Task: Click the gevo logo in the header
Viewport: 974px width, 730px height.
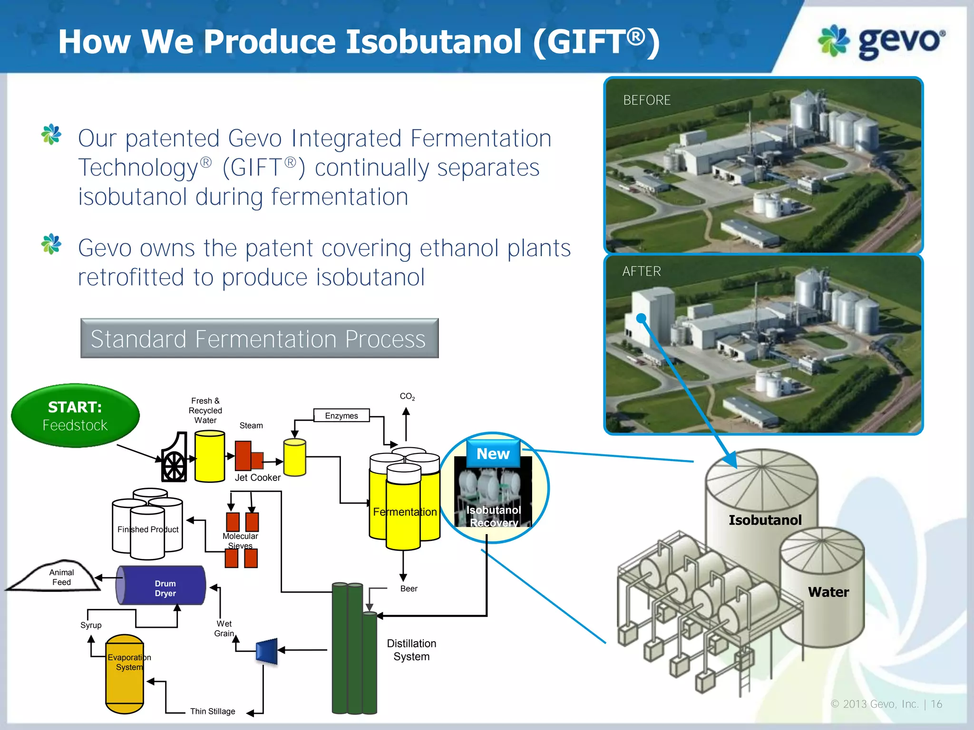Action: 881,42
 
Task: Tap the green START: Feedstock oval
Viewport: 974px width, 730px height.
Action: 75,416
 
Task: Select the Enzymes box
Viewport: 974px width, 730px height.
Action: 341,416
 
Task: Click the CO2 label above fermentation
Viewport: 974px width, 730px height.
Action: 407,396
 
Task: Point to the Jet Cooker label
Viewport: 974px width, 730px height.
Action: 257,478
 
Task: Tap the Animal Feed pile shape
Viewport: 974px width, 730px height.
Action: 57,577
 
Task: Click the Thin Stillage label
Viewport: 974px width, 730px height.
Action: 213,711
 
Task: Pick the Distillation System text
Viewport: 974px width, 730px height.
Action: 411,650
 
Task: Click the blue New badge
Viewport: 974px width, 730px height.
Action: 493,454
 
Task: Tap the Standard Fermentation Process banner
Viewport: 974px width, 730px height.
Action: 259,338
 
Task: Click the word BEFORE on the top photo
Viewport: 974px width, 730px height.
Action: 647,100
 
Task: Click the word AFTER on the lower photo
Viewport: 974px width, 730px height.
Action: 642,271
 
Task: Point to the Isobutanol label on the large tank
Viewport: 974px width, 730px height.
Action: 765,520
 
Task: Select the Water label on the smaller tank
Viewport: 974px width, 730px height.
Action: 828,592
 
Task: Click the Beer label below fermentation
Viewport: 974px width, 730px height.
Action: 409,589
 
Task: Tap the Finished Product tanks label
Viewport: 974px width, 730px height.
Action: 148,529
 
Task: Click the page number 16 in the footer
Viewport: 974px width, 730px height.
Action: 936,704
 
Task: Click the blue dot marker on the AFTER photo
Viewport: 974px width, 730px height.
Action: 641,318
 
